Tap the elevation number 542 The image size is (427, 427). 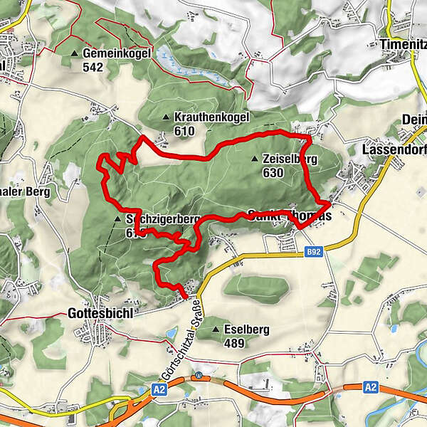pos(93,68)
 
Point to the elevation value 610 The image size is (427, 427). pos(184,131)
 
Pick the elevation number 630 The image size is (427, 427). pos(273,172)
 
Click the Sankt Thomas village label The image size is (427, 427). pos(290,215)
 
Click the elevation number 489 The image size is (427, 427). pos(234,344)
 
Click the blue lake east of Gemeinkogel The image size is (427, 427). pos(174,63)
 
